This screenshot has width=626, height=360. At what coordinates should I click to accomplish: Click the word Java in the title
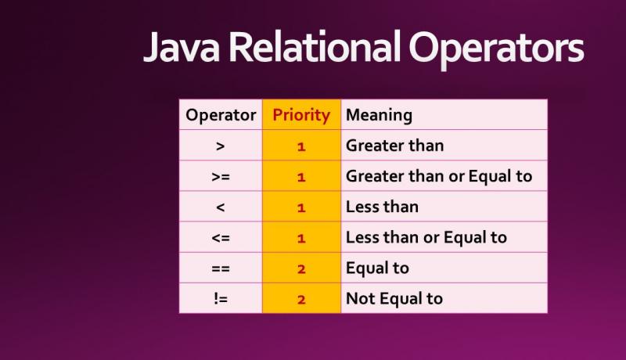point(182,49)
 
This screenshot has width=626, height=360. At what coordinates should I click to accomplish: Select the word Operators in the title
point(495,49)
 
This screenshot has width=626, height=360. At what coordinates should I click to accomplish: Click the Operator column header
point(221,115)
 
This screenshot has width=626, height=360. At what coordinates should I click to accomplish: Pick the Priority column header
point(301,115)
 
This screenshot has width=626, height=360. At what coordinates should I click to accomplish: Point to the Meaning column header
point(379,115)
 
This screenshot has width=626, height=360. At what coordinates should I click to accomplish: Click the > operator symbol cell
point(221,146)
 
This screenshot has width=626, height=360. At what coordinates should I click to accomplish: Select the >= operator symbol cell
point(221,177)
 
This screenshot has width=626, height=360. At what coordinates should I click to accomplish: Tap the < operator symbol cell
point(221,207)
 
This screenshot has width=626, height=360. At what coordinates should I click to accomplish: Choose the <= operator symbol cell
point(221,238)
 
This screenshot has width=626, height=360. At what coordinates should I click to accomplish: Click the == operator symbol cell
point(221,268)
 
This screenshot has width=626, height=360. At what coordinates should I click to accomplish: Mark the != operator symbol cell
point(221,299)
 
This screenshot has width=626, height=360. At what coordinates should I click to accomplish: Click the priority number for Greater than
point(301,146)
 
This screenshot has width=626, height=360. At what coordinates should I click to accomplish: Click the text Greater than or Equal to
point(439,177)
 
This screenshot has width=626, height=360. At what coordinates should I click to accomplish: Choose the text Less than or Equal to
point(426,238)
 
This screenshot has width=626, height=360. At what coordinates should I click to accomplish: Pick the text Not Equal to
point(394,299)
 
